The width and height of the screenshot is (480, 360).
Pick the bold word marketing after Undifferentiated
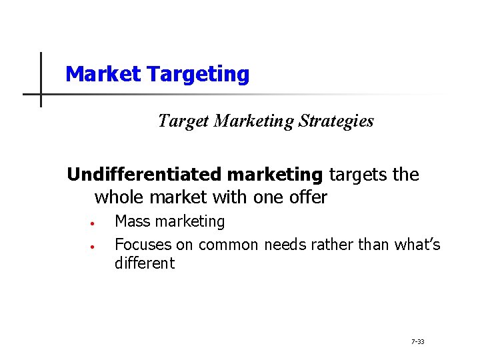[275, 175]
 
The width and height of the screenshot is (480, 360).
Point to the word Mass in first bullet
[132, 221]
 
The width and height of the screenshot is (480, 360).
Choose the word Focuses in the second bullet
[143, 245]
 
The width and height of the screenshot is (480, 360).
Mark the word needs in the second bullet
[284, 245]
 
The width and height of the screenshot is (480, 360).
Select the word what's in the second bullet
[416, 245]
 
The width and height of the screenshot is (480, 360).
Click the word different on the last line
[144, 263]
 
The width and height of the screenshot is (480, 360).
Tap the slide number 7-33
[417, 342]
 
